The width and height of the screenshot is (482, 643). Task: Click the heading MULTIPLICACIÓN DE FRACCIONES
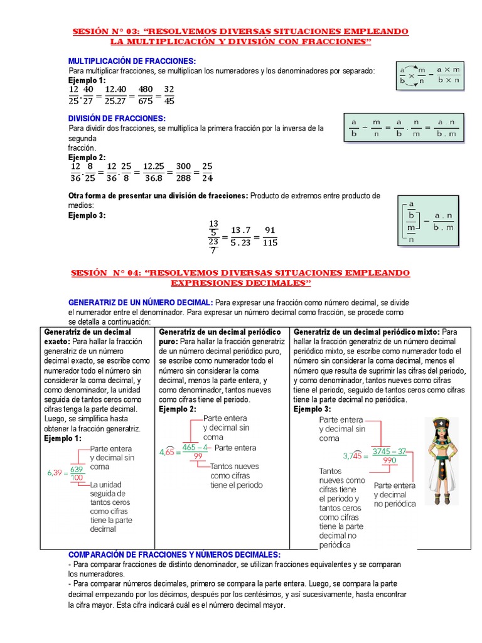point(132,60)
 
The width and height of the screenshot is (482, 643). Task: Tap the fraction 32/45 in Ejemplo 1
point(169,95)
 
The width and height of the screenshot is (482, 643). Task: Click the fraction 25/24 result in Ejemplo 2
point(207,172)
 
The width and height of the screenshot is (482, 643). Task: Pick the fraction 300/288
point(183,172)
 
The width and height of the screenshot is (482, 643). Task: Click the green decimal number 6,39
point(56,473)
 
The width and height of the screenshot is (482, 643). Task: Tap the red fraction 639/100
point(77,473)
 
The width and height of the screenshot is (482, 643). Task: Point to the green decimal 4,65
point(167,451)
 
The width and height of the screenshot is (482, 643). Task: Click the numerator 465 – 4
point(195,448)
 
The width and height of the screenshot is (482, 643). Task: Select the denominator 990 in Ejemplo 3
point(389,460)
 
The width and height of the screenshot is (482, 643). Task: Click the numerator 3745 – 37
point(389,451)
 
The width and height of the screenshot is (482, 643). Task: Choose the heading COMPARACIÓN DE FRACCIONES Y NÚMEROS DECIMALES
point(174,555)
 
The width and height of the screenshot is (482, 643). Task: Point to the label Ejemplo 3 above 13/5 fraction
point(87,215)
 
